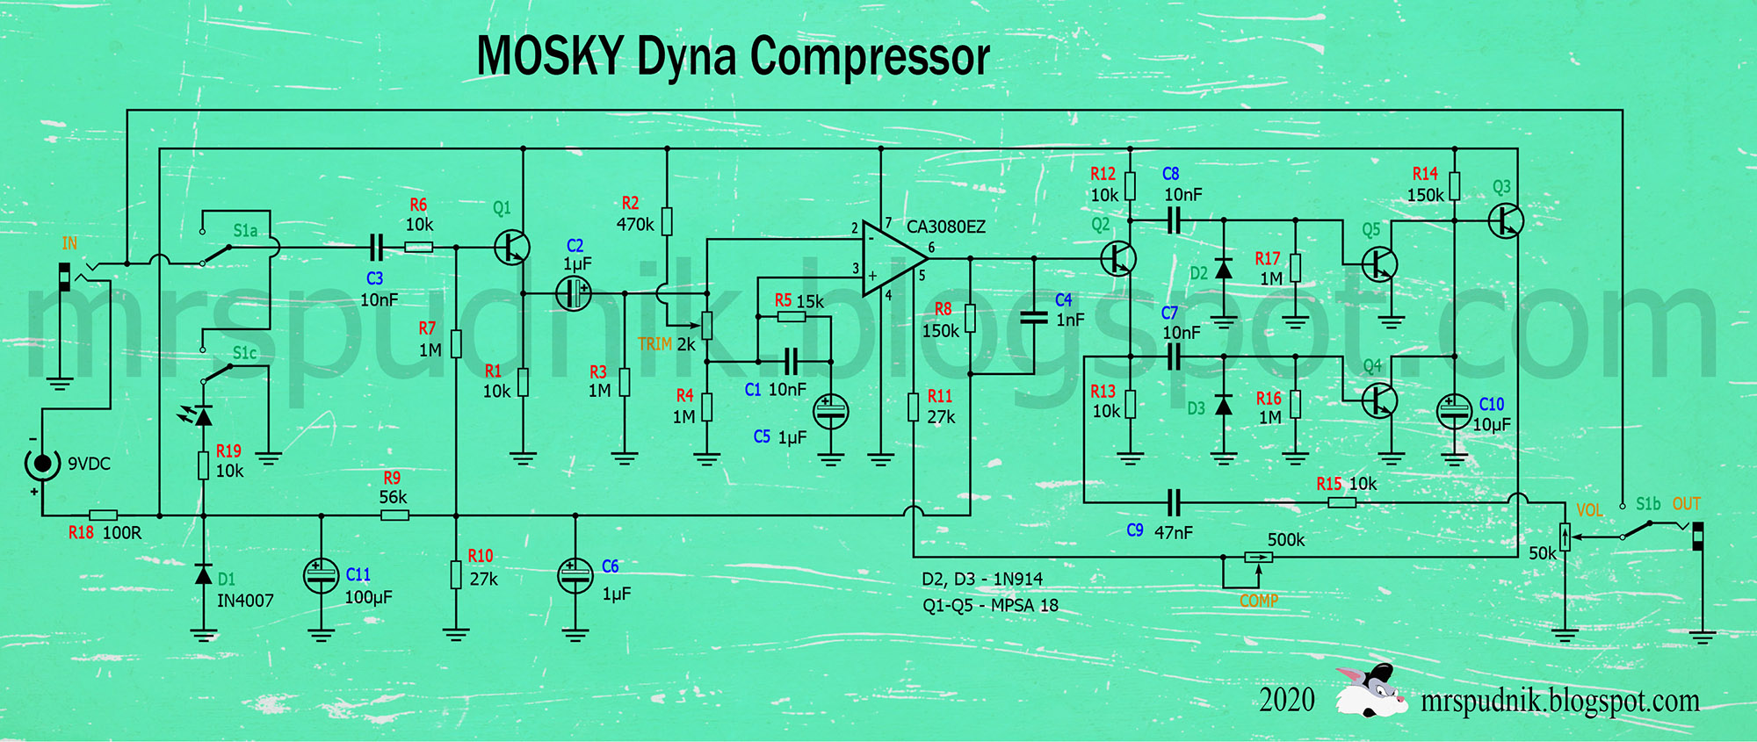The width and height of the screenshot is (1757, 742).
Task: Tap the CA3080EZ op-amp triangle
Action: point(892,258)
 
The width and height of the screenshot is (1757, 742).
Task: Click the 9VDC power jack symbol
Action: point(41,462)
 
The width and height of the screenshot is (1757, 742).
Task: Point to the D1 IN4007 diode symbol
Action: point(204,575)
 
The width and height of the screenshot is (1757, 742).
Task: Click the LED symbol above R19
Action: point(202,415)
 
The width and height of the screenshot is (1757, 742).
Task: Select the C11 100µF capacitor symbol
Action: point(321,576)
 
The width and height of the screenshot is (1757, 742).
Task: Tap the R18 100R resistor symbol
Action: point(103,515)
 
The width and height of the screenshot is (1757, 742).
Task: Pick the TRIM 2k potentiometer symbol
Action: point(706,326)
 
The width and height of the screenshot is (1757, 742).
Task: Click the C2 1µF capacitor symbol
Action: point(574,293)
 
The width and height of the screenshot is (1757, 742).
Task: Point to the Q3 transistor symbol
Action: point(1506,220)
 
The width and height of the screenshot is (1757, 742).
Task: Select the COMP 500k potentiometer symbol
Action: point(1258,557)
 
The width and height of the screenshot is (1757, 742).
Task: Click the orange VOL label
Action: point(1589,509)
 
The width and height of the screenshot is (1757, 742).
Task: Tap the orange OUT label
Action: point(1686,504)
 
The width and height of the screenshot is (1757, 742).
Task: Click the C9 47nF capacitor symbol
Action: point(1174,503)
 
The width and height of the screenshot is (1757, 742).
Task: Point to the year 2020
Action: point(1286,701)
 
